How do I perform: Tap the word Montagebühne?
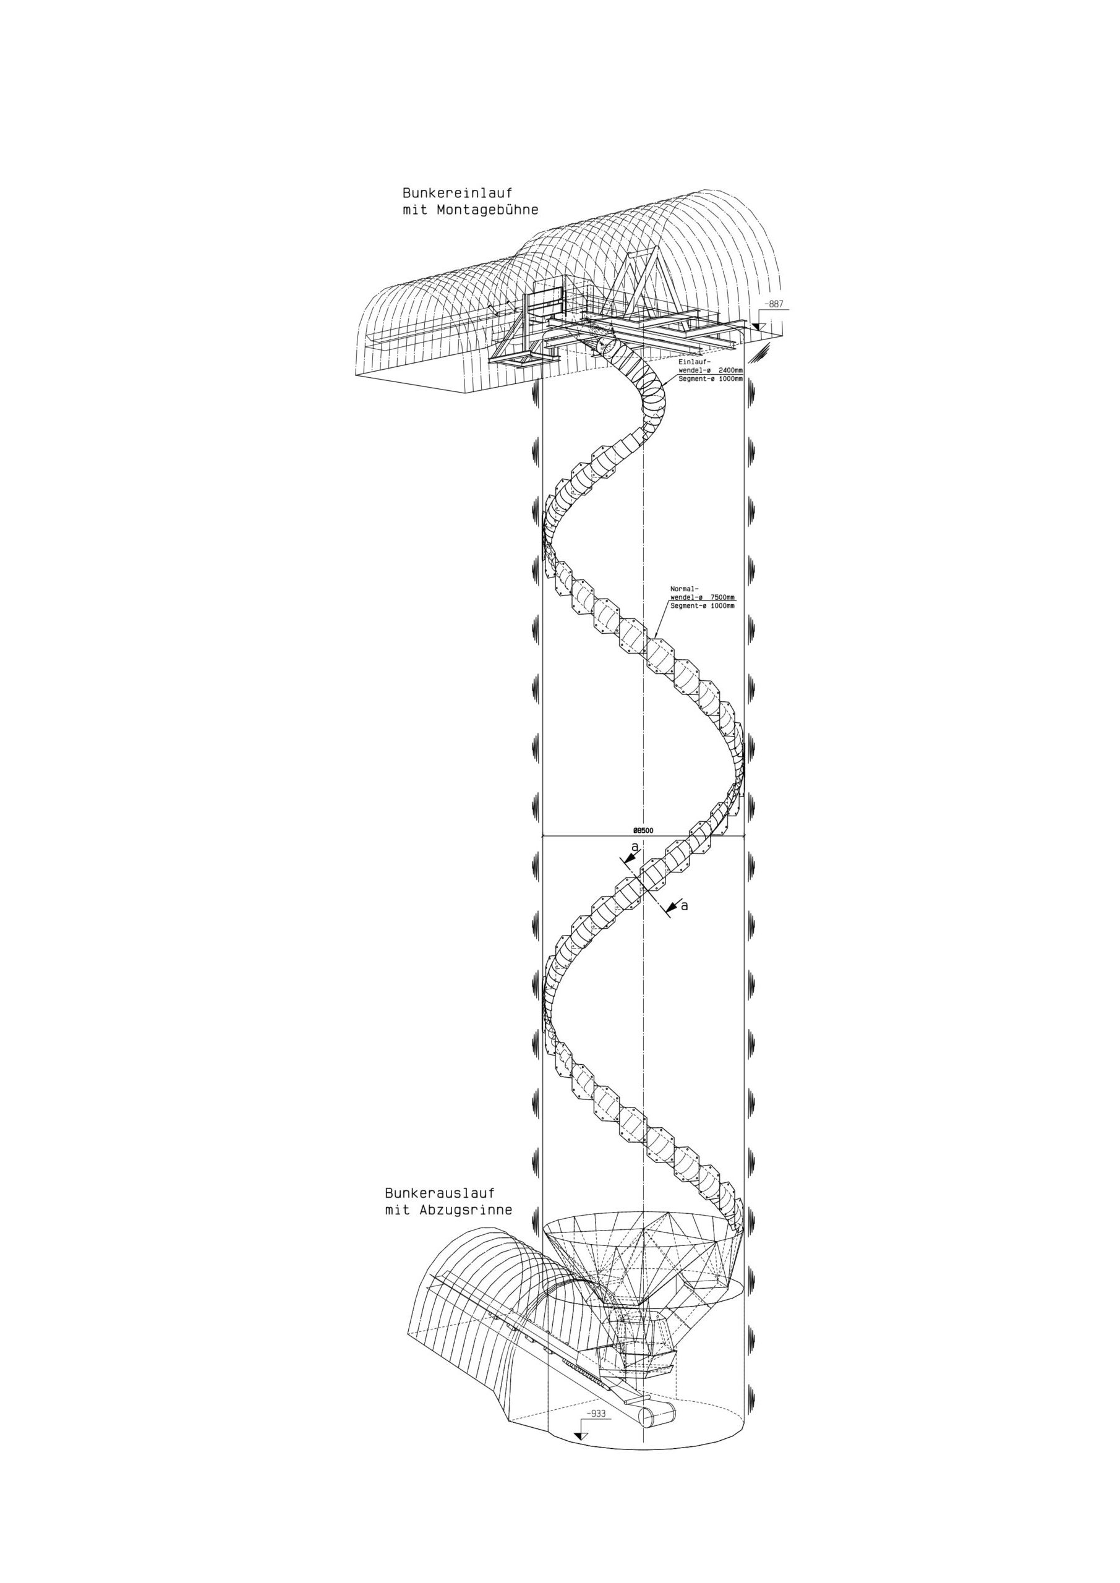pos(487,210)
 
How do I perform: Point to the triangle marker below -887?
pos(758,328)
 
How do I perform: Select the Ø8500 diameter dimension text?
pos(643,832)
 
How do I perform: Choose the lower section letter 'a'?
pos(685,906)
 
